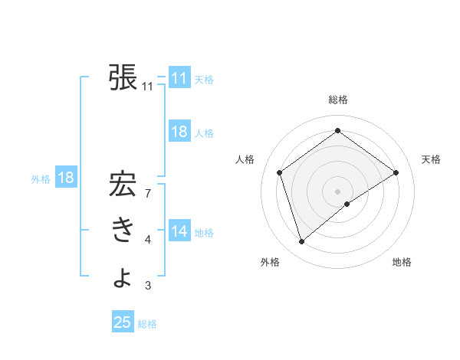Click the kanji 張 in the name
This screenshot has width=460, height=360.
[x=123, y=77]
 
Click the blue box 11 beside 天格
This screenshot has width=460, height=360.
[x=179, y=78]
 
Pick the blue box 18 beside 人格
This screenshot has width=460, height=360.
[x=179, y=132]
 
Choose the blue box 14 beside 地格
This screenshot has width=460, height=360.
[x=179, y=231]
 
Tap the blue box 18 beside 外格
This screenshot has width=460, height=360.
[x=66, y=178]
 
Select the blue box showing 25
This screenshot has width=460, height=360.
[x=123, y=322]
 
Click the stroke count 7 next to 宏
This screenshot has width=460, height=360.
[x=147, y=194]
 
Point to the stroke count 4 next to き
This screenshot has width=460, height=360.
[x=147, y=240]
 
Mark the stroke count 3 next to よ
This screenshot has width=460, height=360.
[x=147, y=286]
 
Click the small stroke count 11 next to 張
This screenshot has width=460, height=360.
[x=147, y=87]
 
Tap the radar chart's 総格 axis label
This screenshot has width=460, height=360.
[x=337, y=100]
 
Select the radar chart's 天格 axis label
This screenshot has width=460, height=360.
[x=431, y=159]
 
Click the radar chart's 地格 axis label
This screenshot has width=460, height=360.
[x=402, y=262]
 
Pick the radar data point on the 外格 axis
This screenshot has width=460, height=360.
[x=302, y=242]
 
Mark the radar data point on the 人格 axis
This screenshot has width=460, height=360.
[x=280, y=172]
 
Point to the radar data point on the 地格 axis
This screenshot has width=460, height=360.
[x=347, y=204]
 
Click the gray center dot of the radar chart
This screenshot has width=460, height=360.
[x=337, y=191]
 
